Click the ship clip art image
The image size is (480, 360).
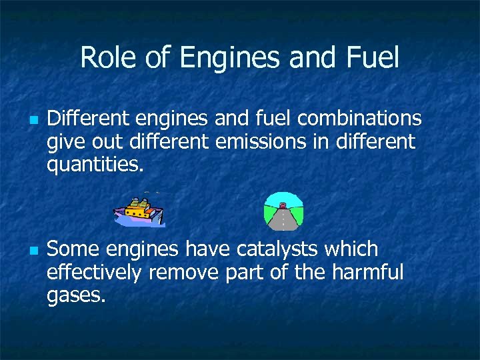139,211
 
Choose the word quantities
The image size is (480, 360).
95,164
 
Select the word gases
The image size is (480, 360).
76,295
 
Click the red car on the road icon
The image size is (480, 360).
283,205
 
